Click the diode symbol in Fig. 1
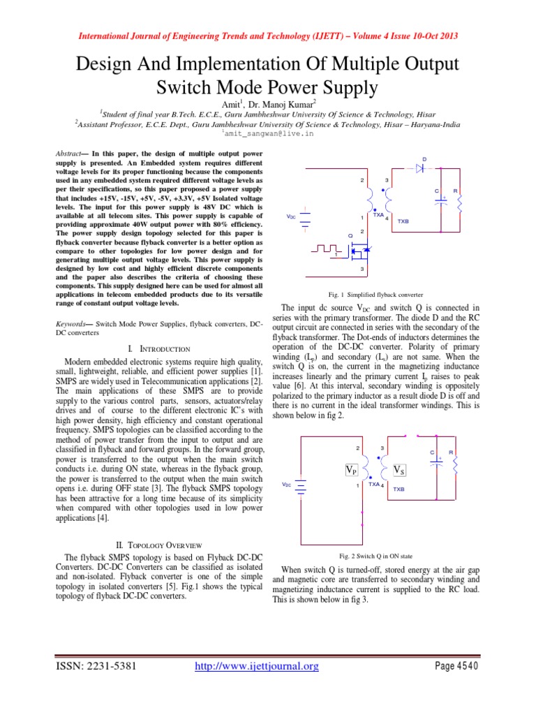pos(420,168)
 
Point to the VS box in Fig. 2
pos(400,470)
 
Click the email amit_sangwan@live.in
pos(267,133)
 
